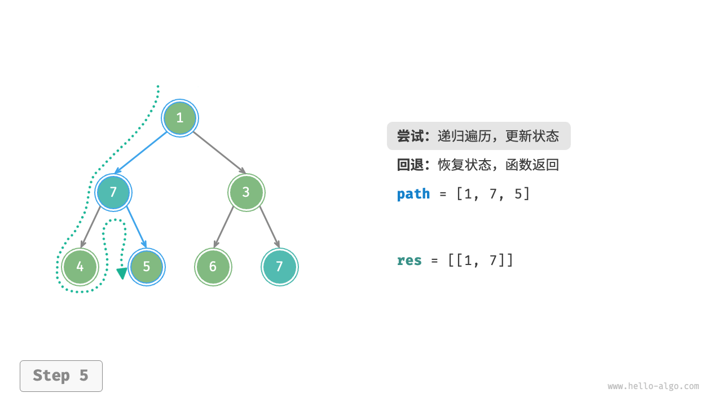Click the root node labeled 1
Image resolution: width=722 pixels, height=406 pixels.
tap(180, 118)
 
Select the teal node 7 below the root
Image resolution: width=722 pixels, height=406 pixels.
tap(113, 192)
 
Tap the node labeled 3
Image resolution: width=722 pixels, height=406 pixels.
tap(246, 192)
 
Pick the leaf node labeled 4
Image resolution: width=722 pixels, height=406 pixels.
tap(80, 267)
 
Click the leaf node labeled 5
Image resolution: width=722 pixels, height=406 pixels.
tap(147, 267)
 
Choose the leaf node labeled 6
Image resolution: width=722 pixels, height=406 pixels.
tap(213, 267)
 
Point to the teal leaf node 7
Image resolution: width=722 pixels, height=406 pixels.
tap(279, 267)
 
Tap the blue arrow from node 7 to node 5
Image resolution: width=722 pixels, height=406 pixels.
tap(136, 228)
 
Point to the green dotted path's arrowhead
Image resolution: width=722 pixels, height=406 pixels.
tap(121, 274)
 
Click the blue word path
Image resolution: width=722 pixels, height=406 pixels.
tap(413, 194)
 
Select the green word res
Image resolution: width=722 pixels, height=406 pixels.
tap(409, 261)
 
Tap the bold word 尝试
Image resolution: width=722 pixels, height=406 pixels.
tap(410, 136)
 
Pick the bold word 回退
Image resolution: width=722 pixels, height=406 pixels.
tap(410, 165)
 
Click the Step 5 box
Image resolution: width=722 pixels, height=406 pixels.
tap(61, 376)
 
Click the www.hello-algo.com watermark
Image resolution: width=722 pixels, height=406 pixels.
tap(653, 386)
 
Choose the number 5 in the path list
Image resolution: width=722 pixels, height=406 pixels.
tap(518, 194)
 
